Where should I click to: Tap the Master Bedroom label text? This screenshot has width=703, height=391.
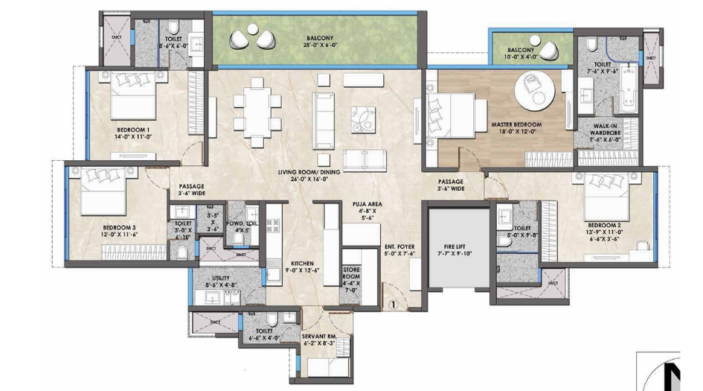pos(516,124)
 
